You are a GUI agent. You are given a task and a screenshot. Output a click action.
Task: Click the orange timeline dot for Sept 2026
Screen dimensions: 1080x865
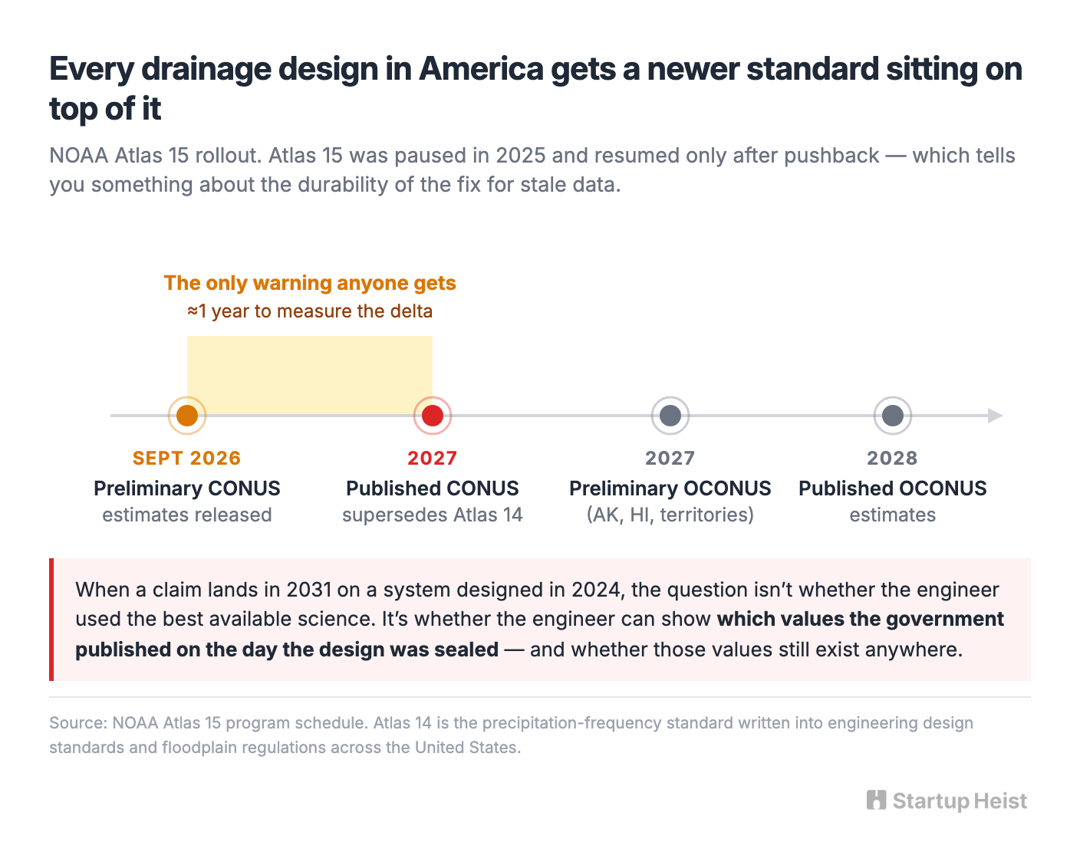click(186, 416)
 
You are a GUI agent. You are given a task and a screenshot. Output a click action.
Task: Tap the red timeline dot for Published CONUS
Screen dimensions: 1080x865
click(432, 416)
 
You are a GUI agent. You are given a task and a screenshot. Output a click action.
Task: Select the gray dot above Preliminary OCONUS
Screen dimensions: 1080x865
click(670, 416)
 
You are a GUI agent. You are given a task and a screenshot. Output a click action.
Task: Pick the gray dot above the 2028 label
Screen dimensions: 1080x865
click(892, 416)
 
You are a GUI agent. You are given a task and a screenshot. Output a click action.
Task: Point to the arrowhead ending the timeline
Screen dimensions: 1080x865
click(995, 416)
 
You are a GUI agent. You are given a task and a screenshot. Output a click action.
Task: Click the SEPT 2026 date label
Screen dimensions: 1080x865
click(186, 458)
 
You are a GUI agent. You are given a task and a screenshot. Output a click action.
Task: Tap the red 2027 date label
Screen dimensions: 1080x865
click(432, 458)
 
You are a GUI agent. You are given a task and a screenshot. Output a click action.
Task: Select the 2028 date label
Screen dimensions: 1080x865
click(892, 458)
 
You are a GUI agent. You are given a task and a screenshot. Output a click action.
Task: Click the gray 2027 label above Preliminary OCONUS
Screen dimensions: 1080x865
click(670, 458)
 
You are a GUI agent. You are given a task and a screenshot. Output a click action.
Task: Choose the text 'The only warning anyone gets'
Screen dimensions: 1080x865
click(310, 283)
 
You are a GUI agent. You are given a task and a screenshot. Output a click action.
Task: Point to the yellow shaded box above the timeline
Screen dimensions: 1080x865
click(310, 375)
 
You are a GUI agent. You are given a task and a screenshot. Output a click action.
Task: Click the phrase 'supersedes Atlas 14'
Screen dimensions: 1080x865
click(432, 515)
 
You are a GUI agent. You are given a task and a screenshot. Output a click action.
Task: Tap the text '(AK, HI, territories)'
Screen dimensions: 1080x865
click(670, 515)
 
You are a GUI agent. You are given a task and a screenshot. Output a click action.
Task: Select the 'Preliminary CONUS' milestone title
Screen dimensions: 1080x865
click(186, 488)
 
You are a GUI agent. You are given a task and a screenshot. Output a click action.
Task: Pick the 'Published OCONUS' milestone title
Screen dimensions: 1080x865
click(892, 488)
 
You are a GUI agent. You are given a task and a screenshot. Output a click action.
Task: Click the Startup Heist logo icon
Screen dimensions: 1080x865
click(876, 800)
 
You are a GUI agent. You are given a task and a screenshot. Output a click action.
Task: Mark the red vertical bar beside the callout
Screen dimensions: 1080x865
click(51, 619)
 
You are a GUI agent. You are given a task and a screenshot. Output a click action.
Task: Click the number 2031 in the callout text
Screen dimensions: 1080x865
click(309, 590)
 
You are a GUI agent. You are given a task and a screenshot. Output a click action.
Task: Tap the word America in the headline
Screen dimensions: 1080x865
click(481, 69)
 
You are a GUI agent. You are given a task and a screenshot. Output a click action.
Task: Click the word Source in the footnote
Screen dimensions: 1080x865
click(77, 723)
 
